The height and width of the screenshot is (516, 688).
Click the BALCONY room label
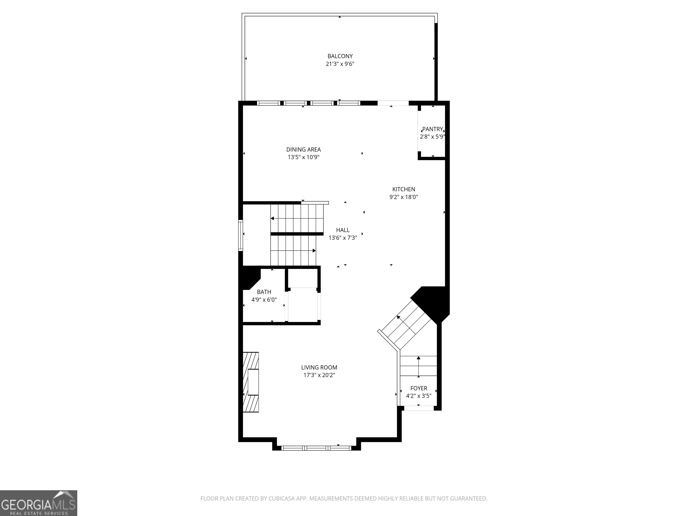[340, 56]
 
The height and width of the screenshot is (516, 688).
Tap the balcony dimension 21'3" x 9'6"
[340, 64]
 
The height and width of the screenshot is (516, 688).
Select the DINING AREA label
[303, 150]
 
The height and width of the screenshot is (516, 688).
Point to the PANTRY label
[432, 129]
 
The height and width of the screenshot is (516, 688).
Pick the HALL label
[343, 230]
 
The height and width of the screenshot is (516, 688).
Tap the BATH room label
[264, 292]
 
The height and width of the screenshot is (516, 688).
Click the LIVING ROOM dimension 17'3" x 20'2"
[319, 375]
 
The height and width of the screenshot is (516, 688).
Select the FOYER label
[419, 388]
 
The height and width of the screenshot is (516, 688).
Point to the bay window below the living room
[316, 448]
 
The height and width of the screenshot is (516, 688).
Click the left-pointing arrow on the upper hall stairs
[273, 218]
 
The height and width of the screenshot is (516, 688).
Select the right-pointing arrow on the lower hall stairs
[314, 251]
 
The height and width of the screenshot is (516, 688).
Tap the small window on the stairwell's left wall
[241, 235]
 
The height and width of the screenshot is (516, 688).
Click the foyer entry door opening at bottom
[419, 408]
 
